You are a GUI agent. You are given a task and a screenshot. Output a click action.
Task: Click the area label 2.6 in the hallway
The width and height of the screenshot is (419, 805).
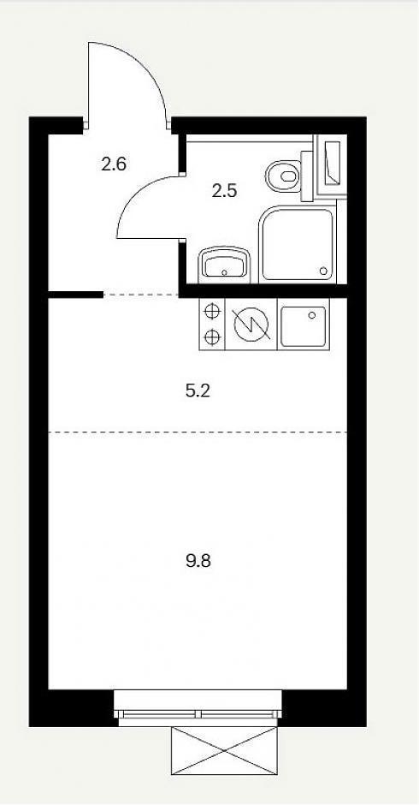tap(114, 164)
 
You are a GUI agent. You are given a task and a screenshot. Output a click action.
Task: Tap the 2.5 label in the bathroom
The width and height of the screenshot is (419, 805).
tap(224, 191)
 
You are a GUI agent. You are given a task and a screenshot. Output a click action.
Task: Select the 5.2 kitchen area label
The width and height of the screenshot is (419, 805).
tap(198, 391)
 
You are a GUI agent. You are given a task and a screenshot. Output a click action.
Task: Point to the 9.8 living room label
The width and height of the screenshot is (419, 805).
tap(198, 561)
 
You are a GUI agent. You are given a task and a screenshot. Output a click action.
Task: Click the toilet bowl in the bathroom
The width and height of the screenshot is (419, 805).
tap(284, 176)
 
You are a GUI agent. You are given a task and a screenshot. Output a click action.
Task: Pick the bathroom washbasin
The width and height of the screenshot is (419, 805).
tap(224, 265)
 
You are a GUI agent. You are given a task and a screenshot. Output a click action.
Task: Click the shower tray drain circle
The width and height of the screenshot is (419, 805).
tap(323, 271)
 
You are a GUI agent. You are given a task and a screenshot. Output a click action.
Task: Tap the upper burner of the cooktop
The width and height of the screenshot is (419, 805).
tap(212, 312)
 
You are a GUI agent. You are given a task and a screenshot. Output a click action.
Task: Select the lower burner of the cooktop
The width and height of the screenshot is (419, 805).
tap(212, 337)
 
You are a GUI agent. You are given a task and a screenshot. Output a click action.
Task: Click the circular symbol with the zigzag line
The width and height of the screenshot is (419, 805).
tap(251, 325)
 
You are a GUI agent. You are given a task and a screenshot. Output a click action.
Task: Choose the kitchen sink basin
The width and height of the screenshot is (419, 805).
tap(304, 326)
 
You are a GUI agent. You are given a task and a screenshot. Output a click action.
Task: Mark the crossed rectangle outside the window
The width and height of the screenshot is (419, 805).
tap(224, 750)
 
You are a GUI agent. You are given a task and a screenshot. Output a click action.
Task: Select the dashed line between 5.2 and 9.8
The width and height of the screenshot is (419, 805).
tap(198, 432)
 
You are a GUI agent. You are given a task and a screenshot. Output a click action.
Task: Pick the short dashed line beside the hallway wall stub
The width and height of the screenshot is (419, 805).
tap(140, 295)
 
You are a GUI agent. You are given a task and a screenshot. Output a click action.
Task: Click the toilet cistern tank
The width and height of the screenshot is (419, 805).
tap(307, 176)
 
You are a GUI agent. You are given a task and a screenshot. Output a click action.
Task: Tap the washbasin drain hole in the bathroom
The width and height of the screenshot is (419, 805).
tap(224, 271)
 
